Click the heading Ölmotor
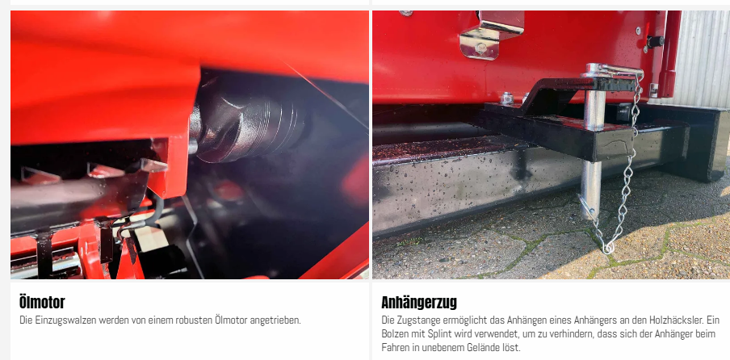(x=42, y=303)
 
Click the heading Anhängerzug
(x=419, y=303)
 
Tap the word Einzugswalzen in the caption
(x=62, y=320)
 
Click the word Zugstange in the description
(x=416, y=320)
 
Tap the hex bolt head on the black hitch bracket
(x=507, y=98)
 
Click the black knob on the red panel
(x=655, y=42)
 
